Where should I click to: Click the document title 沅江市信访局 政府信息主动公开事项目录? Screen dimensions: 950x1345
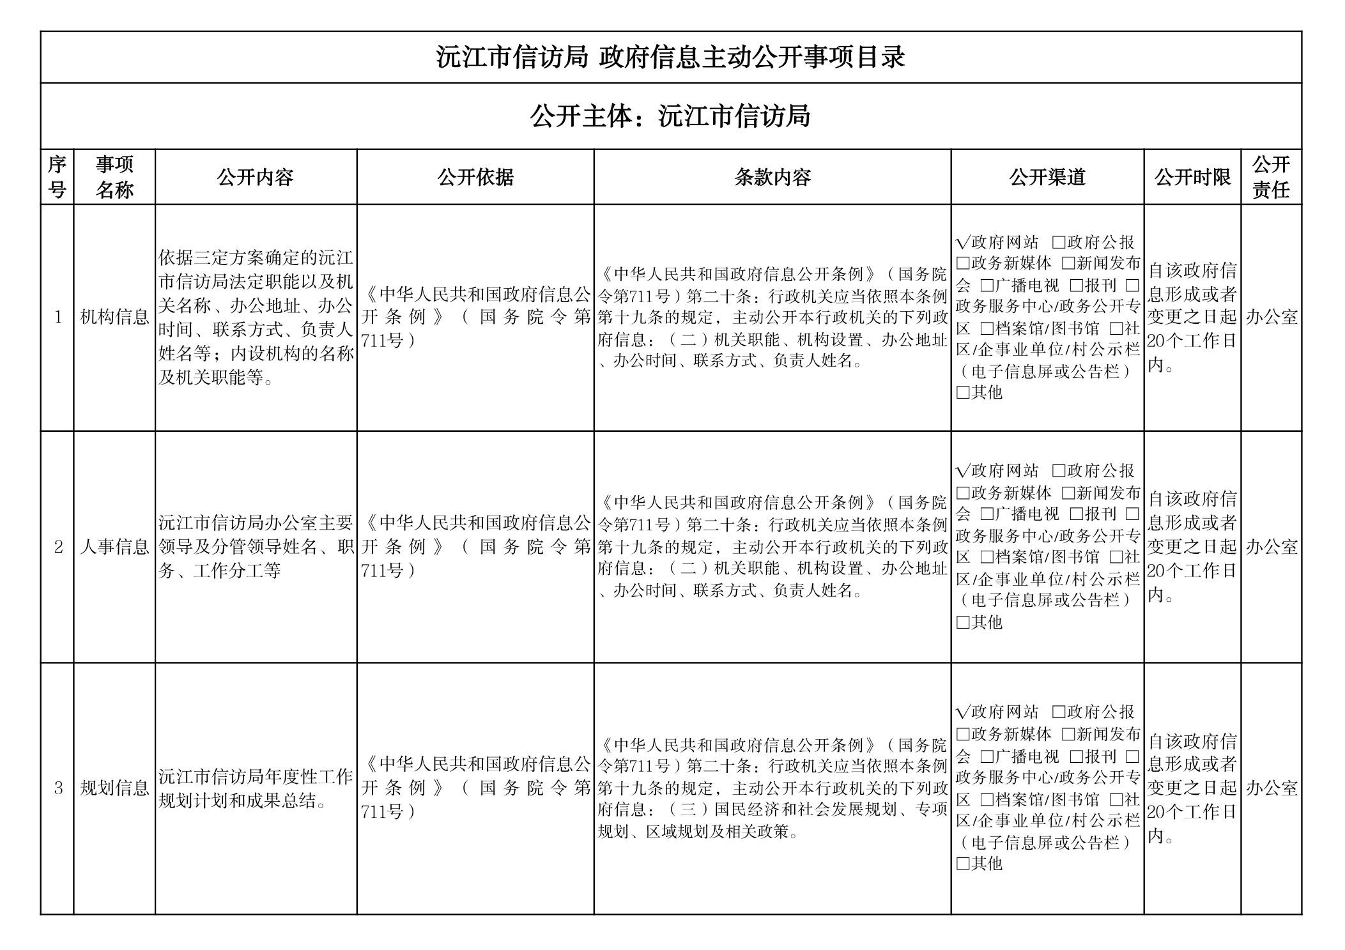click(x=670, y=57)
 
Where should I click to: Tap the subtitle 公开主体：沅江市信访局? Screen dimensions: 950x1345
click(x=670, y=116)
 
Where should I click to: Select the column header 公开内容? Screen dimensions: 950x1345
click(x=256, y=177)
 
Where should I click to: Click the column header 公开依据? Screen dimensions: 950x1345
click(x=475, y=177)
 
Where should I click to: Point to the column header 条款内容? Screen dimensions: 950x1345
click(x=772, y=177)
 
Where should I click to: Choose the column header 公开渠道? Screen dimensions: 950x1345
click(x=1047, y=177)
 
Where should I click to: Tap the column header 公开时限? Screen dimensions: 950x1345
click(x=1192, y=177)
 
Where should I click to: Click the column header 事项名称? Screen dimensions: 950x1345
click(x=114, y=177)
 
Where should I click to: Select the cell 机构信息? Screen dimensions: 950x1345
click(x=114, y=317)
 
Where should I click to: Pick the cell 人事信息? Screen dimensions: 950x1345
click(x=114, y=547)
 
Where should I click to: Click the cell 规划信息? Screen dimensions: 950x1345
click(x=114, y=788)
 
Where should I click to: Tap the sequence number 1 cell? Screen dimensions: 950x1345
click(x=58, y=317)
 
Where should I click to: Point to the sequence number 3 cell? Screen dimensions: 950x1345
click(x=58, y=788)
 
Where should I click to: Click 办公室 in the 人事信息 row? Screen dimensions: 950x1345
click(x=1272, y=547)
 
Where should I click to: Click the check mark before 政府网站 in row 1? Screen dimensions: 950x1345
click(x=962, y=243)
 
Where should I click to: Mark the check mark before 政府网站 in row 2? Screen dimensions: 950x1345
click(x=962, y=471)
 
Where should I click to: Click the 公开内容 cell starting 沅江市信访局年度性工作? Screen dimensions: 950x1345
click(x=256, y=788)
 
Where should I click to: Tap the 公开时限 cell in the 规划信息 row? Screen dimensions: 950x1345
click(x=1192, y=788)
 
